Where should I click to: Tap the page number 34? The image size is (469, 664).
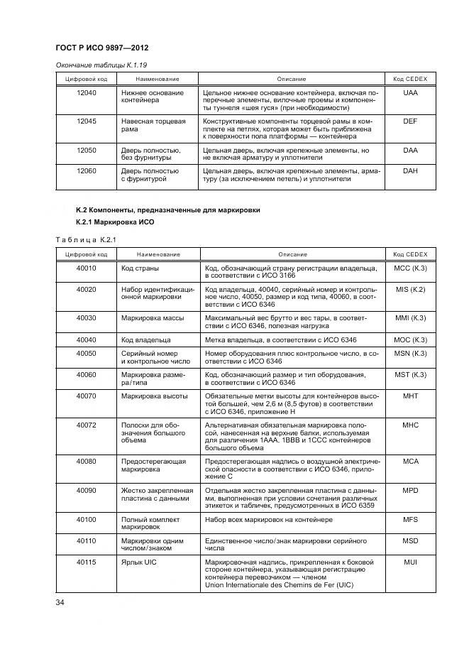click(x=60, y=603)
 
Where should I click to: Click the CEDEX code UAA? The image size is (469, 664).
click(x=409, y=93)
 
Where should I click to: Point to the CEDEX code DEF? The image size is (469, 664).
click(x=409, y=121)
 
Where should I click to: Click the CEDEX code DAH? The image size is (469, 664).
click(x=409, y=171)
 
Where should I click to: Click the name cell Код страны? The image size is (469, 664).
click(x=140, y=268)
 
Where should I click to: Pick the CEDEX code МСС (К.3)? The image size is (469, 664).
click(x=409, y=268)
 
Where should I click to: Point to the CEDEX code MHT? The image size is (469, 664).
click(x=409, y=395)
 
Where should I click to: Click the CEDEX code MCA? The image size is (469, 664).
click(x=409, y=461)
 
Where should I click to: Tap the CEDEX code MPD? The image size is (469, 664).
click(x=409, y=490)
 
